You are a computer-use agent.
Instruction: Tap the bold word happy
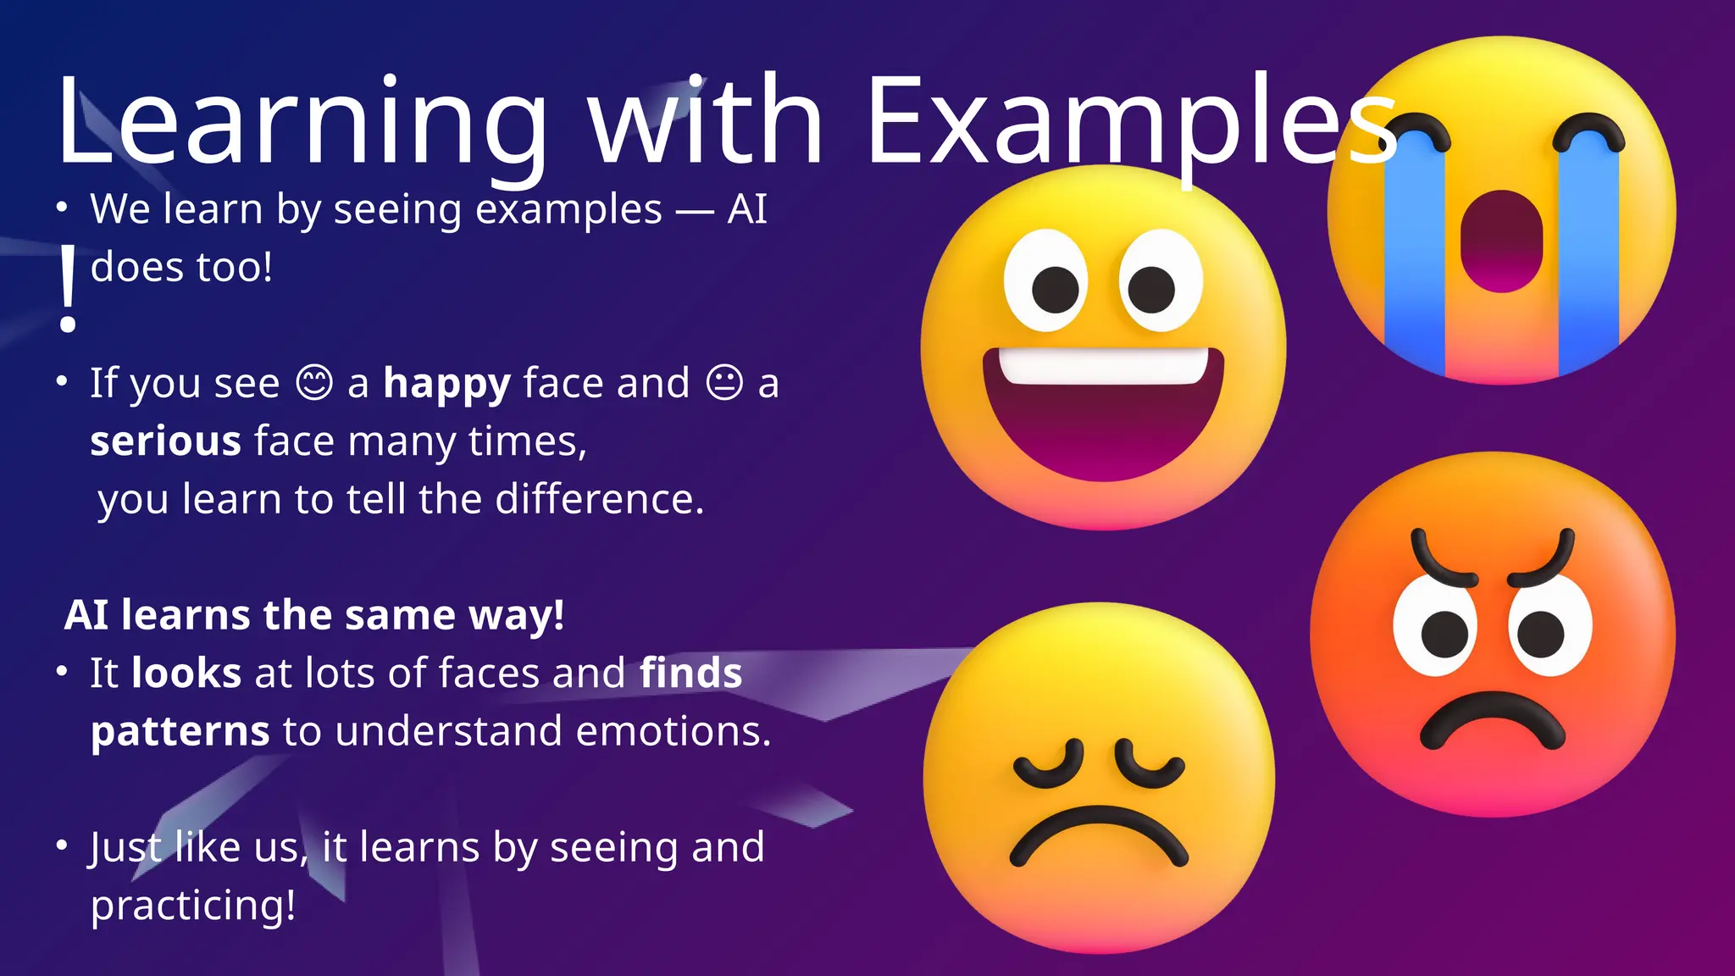[446, 384]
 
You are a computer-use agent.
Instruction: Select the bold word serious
[166, 441]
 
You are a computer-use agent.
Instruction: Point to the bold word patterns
[180, 731]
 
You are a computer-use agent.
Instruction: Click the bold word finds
[690, 674]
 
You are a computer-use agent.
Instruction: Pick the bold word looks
[186, 674]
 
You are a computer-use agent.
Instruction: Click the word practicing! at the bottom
[193, 905]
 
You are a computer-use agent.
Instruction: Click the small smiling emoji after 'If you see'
[314, 382]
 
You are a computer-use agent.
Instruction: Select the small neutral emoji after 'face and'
[724, 382]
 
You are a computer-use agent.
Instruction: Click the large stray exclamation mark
[68, 288]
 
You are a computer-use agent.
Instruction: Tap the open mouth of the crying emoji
[1501, 242]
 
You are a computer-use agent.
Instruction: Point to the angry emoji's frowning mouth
[1492, 720]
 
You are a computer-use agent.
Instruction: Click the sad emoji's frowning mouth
[1099, 835]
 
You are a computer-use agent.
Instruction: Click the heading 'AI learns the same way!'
[314, 615]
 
